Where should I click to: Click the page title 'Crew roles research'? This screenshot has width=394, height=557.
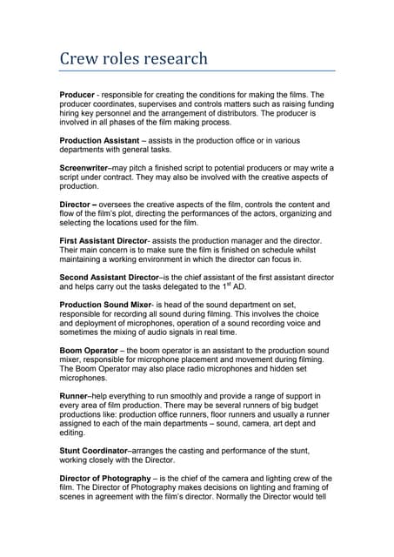[133, 59]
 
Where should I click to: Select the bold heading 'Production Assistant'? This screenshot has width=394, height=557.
[102, 140]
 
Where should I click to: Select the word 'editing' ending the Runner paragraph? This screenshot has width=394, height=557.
[74, 433]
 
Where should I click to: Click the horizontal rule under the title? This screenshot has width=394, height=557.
[197, 70]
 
